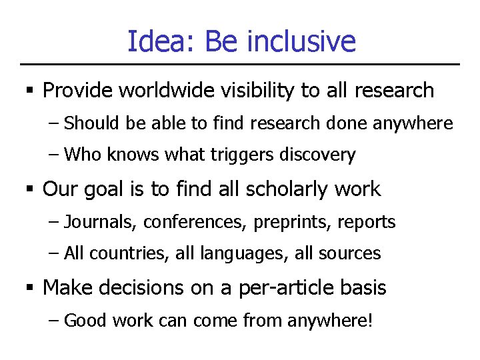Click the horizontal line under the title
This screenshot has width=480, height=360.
pos(240,65)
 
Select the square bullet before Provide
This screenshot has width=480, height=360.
pos(29,91)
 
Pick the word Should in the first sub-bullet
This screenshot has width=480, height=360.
pos(89,123)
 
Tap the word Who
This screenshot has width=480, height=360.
pos(81,155)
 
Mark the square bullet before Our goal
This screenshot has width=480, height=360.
pos(29,189)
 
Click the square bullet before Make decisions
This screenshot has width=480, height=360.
pos(29,288)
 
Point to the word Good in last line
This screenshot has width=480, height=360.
pos(86,321)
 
